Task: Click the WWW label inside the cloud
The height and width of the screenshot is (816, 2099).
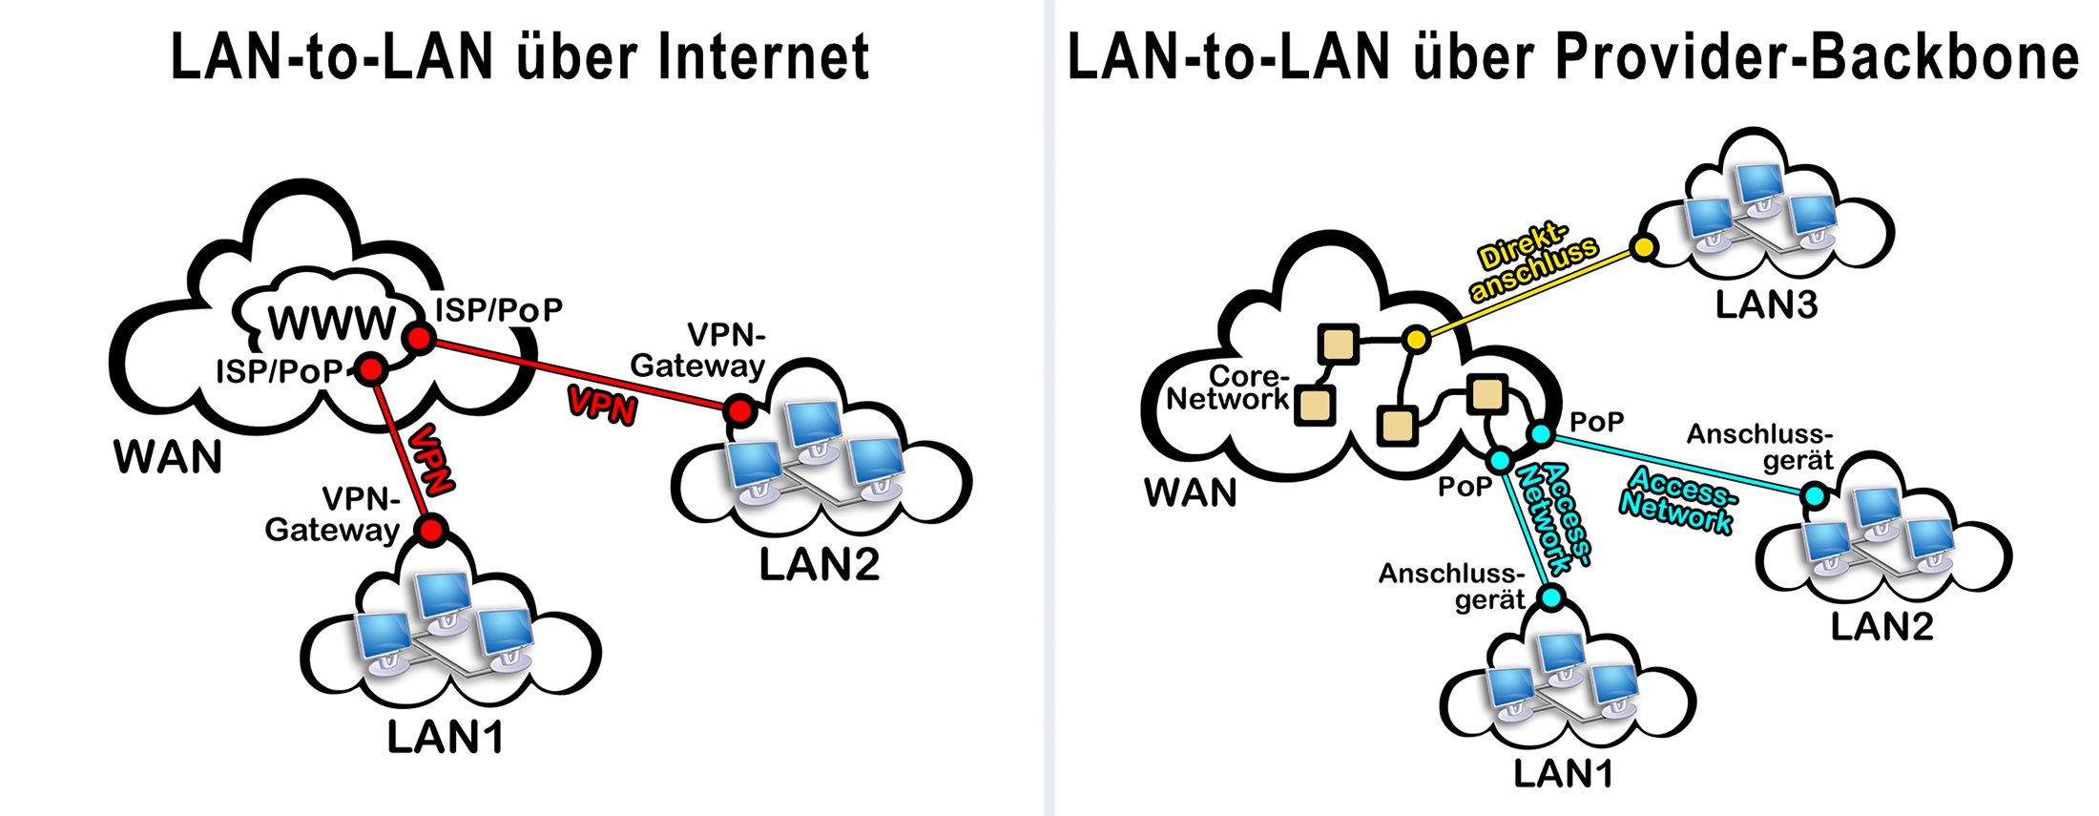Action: tap(331, 323)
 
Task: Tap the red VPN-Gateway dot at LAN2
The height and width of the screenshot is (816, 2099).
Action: tap(739, 411)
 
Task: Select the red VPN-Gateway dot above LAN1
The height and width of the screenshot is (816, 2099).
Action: tap(432, 529)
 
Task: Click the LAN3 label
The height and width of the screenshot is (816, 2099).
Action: tap(1766, 305)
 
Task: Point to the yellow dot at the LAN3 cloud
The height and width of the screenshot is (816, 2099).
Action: tap(1643, 248)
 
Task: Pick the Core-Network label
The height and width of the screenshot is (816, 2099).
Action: tap(1229, 387)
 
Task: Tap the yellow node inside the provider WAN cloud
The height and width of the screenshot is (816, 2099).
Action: tap(1417, 339)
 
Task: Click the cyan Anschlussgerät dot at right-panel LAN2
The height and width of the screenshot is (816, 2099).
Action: tap(1815, 496)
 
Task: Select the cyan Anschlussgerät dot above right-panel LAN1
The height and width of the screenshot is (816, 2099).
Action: tap(1552, 598)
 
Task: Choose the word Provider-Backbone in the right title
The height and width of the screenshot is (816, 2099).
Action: tap(1818, 56)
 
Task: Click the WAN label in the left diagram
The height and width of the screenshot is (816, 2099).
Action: tap(168, 457)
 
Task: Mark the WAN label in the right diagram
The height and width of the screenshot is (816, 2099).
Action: tap(1191, 492)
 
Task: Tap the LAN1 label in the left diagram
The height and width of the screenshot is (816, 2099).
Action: tap(446, 738)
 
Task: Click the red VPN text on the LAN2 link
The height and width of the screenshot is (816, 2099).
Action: tap(602, 405)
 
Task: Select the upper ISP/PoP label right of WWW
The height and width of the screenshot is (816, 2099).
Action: tap(498, 309)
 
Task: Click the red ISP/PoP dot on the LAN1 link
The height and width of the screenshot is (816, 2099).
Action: tap(370, 369)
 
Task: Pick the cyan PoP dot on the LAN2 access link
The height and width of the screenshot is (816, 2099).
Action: tap(1541, 435)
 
